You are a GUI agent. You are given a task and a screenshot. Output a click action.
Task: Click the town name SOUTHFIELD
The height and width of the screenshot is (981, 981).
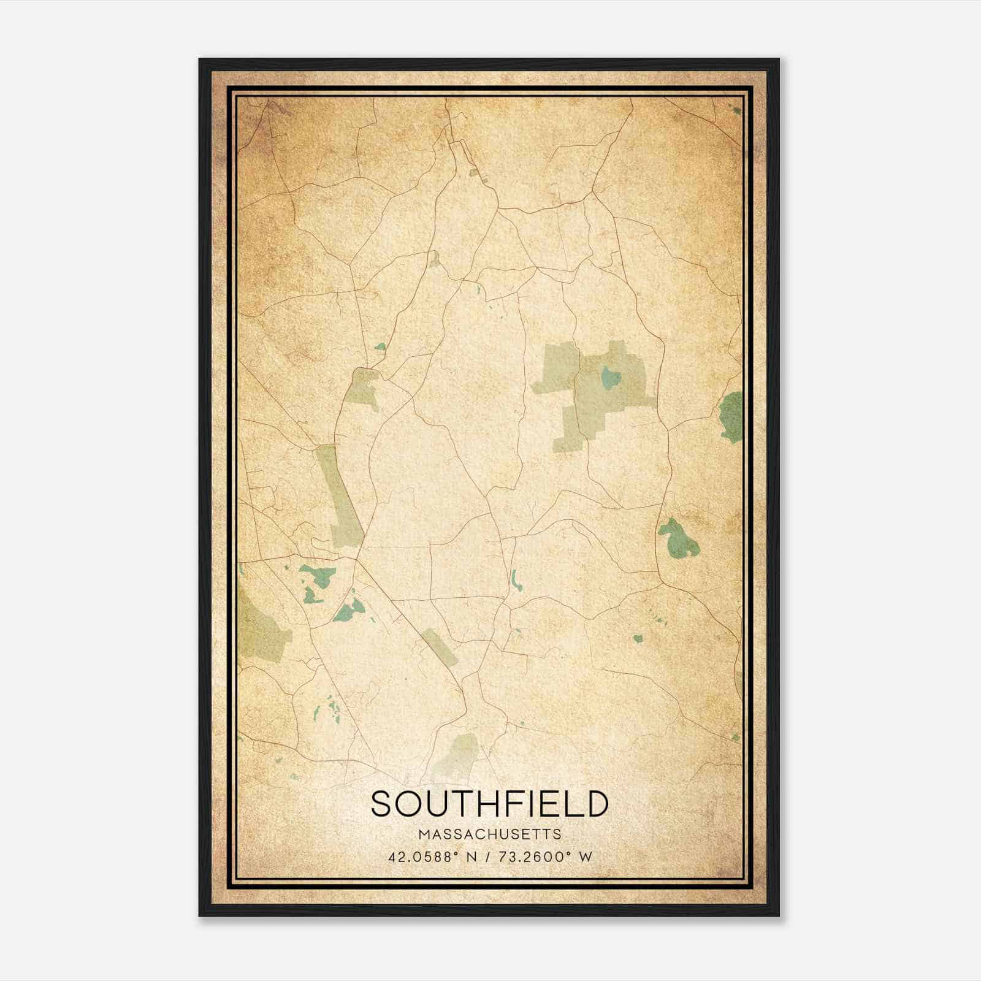click(x=489, y=804)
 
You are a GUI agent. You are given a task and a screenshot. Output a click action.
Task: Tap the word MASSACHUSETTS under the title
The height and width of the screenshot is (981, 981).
click(x=489, y=834)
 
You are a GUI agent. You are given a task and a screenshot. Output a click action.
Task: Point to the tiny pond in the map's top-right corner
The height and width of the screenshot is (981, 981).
click(x=736, y=111)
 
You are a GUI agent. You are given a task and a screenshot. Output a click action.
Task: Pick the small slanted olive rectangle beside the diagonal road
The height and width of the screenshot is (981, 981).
click(x=440, y=647)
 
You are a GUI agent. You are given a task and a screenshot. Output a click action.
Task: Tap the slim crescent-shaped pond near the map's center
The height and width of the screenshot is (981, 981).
click(x=514, y=580)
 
